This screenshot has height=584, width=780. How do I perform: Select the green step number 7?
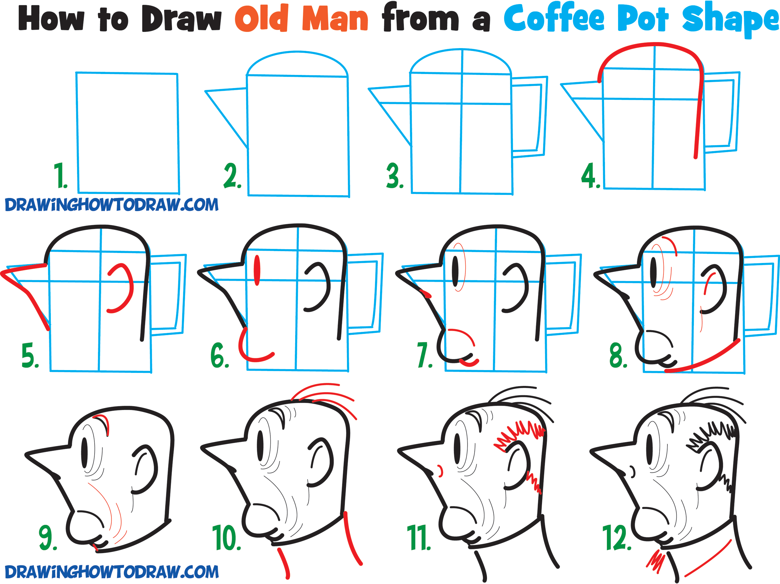425,355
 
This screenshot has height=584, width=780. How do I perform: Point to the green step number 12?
617,537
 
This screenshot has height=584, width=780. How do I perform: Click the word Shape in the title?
730,20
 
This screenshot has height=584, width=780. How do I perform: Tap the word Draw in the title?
182,18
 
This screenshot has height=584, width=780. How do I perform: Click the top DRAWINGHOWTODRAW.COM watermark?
112,205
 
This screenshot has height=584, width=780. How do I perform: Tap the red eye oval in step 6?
257,270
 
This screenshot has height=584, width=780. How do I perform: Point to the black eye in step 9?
85,453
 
